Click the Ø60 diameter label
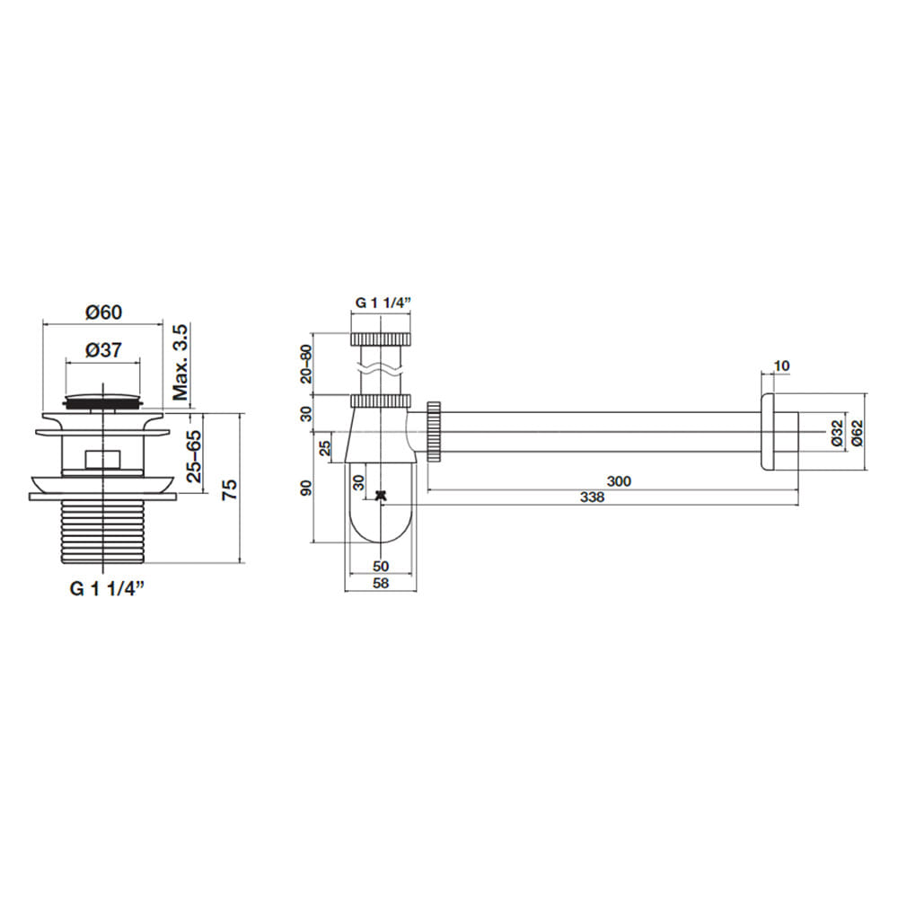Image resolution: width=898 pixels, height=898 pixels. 103,313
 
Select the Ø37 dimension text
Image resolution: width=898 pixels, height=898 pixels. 103,350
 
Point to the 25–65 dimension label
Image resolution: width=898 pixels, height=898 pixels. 194,456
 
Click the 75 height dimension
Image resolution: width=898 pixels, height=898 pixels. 229,489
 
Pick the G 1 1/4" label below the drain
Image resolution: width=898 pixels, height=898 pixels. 107,588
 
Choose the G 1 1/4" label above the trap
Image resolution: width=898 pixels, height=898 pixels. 383,303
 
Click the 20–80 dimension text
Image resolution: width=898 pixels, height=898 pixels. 306,364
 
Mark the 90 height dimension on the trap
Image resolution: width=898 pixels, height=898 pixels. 306,488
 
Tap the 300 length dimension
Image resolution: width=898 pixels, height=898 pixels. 619,481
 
